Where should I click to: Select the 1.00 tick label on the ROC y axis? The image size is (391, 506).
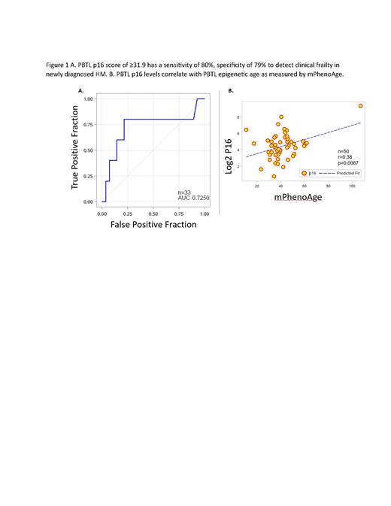coord(89,99)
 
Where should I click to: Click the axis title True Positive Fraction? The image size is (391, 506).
coord(76,151)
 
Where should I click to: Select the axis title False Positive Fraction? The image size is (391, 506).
coord(153,224)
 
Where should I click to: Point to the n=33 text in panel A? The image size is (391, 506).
coord(184,192)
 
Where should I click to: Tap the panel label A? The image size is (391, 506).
coord(80,89)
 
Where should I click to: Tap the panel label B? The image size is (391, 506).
coord(230,89)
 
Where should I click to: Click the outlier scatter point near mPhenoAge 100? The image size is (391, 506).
coord(361,106)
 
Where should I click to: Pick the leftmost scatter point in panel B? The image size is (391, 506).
coord(246,129)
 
